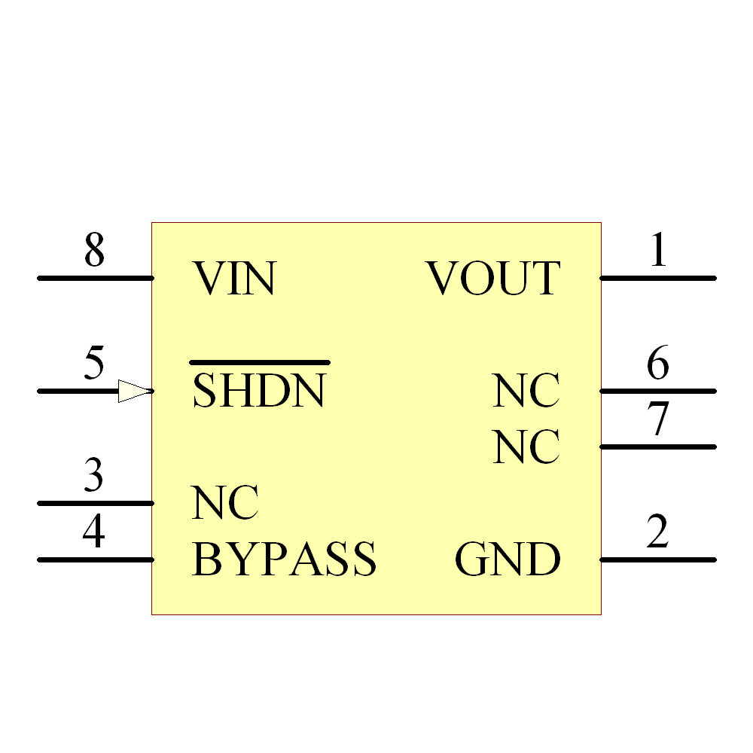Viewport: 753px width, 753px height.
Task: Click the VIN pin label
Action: tap(234, 278)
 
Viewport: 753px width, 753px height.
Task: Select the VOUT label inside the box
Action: tap(493, 278)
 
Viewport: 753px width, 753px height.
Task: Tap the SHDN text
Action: tap(259, 391)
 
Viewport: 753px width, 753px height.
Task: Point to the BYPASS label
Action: tap(284, 559)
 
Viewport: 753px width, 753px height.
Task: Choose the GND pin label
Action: tap(508, 559)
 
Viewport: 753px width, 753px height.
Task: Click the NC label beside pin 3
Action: tap(225, 503)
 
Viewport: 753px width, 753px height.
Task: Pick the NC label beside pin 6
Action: tap(526, 391)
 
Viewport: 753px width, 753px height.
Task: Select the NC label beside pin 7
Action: tap(526, 447)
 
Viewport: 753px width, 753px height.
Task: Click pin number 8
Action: tap(94, 251)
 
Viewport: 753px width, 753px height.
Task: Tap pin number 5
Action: tap(94, 364)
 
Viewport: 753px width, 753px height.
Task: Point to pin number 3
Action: tap(93, 476)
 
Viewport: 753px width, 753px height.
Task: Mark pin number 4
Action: tap(93, 533)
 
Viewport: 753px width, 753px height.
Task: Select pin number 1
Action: tap(658, 251)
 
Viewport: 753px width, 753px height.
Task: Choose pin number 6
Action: tap(658, 364)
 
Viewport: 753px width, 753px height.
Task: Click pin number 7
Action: tap(658, 419)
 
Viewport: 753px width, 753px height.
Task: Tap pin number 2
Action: tap(657, 533)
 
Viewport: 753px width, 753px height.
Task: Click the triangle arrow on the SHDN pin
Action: tap(134, 391)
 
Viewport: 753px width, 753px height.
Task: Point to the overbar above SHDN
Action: tap(259, 362)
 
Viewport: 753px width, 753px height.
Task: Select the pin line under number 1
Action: tap(657, 278)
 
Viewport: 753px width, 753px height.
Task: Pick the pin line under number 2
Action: tap(657, 559)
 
